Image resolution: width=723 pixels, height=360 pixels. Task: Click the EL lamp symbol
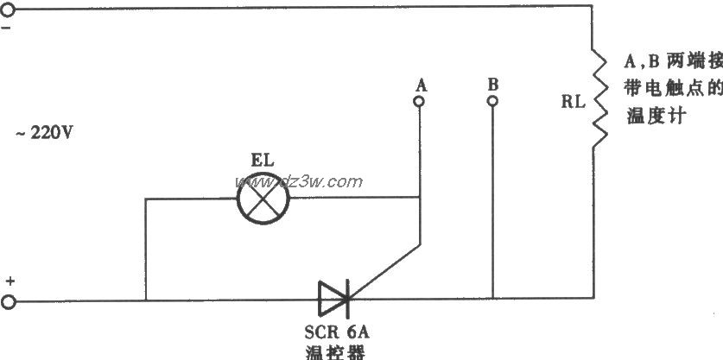pos(263,199)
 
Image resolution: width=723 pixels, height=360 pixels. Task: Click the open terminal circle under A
pos(419,101)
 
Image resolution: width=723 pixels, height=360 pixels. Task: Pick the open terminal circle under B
pos(492,101)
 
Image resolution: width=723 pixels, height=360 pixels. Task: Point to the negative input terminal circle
pos(8,9)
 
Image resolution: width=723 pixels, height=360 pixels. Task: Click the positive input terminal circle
pos(8,302)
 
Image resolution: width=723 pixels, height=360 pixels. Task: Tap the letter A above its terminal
pos(421,85)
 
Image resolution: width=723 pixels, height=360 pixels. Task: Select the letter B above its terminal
pos(493,85)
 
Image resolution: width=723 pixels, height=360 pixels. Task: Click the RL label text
pos(573,102)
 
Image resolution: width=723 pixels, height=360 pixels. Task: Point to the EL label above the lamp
pos(263,161)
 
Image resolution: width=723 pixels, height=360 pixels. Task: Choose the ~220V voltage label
pos(44,133)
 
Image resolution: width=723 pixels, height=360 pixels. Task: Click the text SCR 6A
pos(337,332)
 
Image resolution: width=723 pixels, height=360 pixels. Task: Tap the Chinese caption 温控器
pos(335,352)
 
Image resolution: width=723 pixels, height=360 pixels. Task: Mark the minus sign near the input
pos(8,28)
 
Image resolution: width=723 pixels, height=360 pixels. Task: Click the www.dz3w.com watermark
pos(299,181)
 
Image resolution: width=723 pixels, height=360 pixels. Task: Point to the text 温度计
pos(654,117)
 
